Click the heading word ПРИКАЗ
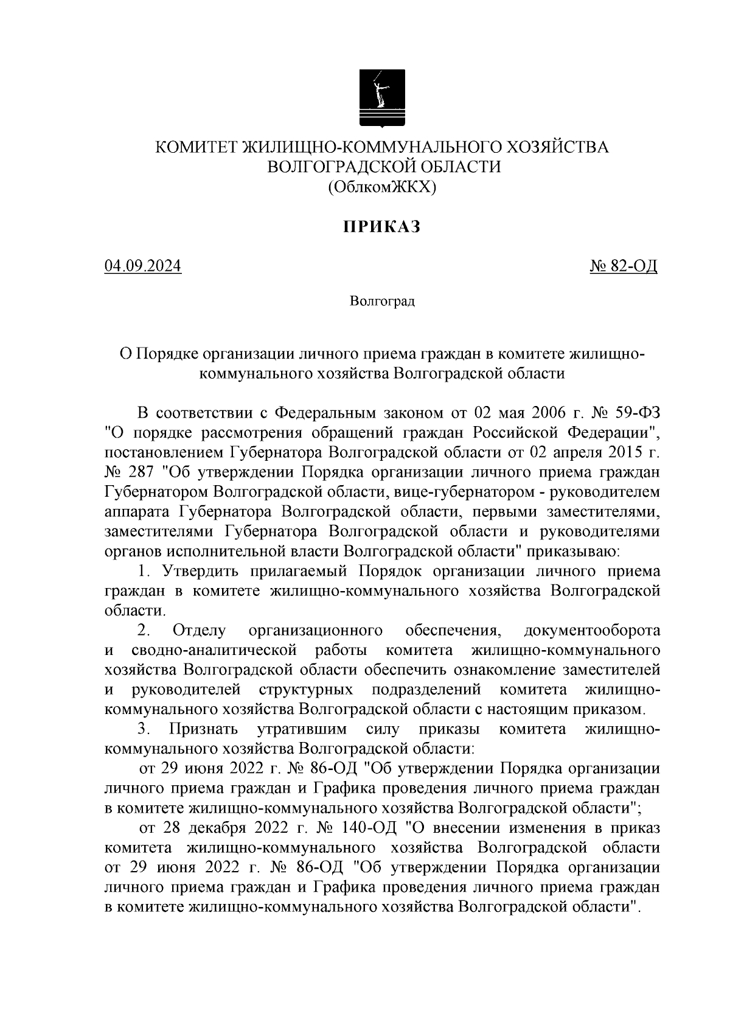click(x=383, y=228)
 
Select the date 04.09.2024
click(x=142, y=267)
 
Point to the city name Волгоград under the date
click(x=383, y=302)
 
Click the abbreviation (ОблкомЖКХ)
click(x=383, y=187)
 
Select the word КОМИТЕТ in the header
click(x=197, y=147)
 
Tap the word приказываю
click(x=576, y=552)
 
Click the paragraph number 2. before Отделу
click(x=144, y=630)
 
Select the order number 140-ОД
click(x=369, y=828)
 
